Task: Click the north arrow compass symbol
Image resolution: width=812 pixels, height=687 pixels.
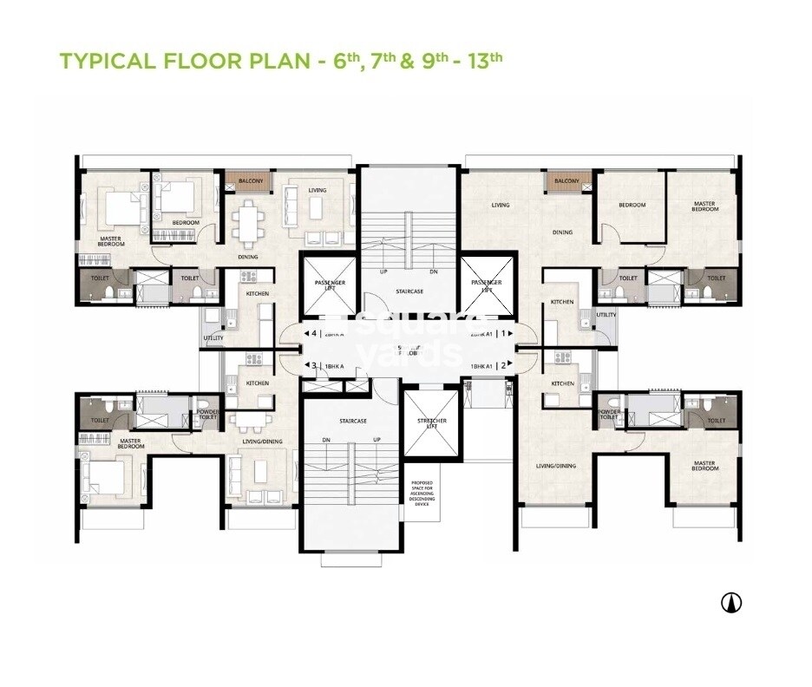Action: (x=731, y=601)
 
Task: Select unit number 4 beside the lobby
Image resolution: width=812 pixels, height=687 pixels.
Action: (x=313, y=333)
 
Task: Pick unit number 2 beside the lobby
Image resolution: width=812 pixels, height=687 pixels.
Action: (x=503, y=366)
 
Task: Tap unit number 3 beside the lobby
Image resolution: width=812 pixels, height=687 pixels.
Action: (x=313, y=366)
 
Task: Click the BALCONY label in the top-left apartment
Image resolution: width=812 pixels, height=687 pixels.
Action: (x=246, y=180)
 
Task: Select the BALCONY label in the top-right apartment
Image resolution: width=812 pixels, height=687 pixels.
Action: (x=566, y=180)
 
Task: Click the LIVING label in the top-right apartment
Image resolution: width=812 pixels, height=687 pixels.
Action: (x=501, y=206)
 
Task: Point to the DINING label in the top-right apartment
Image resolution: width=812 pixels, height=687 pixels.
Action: (x=563, y=232)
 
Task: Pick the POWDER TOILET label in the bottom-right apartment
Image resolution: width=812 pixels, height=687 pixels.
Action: (x=609, y=414)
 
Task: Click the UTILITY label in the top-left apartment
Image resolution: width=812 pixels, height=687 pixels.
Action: (x=213, y=337)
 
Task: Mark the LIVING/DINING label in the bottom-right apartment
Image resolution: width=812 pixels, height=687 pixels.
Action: (x=555, y=466)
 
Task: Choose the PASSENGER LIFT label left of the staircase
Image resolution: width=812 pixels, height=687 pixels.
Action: (x=328, y=286)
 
